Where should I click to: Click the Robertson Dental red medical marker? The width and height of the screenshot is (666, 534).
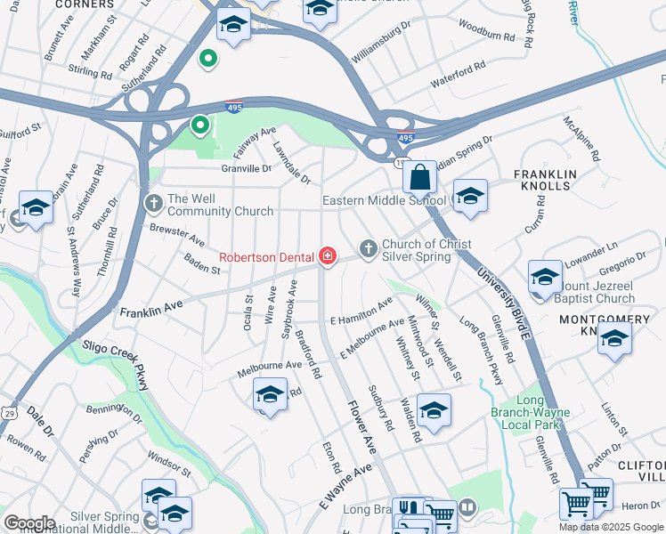pyautogui.click(x=328, y=256)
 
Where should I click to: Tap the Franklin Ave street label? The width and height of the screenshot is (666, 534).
pyautogui.click(x=150, y=311)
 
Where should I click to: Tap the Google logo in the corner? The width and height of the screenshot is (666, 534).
pyautogui.click(x=29, y=523)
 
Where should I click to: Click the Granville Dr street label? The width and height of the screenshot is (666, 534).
pyautogui.click(x=247, y=167)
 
